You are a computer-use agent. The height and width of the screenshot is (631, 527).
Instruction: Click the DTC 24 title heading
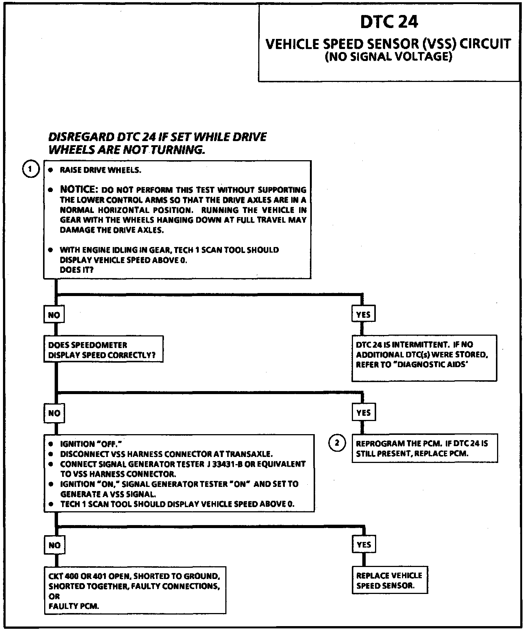click(389, 22)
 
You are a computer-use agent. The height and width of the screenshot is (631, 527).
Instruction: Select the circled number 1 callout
click(31, 170)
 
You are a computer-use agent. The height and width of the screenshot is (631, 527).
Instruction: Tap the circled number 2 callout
click(336, 443)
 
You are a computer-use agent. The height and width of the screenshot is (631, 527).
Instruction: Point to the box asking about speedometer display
click(103, 349)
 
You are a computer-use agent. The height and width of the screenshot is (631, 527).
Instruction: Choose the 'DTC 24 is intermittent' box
click(424, 358)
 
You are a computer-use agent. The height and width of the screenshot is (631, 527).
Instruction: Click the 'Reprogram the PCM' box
click(424, 448)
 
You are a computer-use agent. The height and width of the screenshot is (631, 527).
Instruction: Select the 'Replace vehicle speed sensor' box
click(390, 580)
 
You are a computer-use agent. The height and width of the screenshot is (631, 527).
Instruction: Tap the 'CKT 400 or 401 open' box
click(135, 590)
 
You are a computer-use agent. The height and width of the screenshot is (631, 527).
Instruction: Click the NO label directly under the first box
click(54, 315)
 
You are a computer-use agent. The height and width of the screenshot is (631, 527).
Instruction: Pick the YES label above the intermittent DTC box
click(363, 314)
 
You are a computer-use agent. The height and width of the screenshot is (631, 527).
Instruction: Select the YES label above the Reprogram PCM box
click(363, 413)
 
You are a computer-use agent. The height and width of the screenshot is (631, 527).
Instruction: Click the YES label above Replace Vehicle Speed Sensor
click(363, 545)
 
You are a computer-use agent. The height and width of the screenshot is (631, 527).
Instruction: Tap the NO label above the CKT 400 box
click(54, 545)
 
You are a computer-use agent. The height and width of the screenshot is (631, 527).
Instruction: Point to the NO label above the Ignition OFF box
click(54, 413)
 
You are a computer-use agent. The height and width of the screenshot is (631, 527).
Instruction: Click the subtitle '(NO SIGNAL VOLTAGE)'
click(388, 57)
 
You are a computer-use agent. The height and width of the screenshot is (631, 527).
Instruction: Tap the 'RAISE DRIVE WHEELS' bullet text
click(100, 170)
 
